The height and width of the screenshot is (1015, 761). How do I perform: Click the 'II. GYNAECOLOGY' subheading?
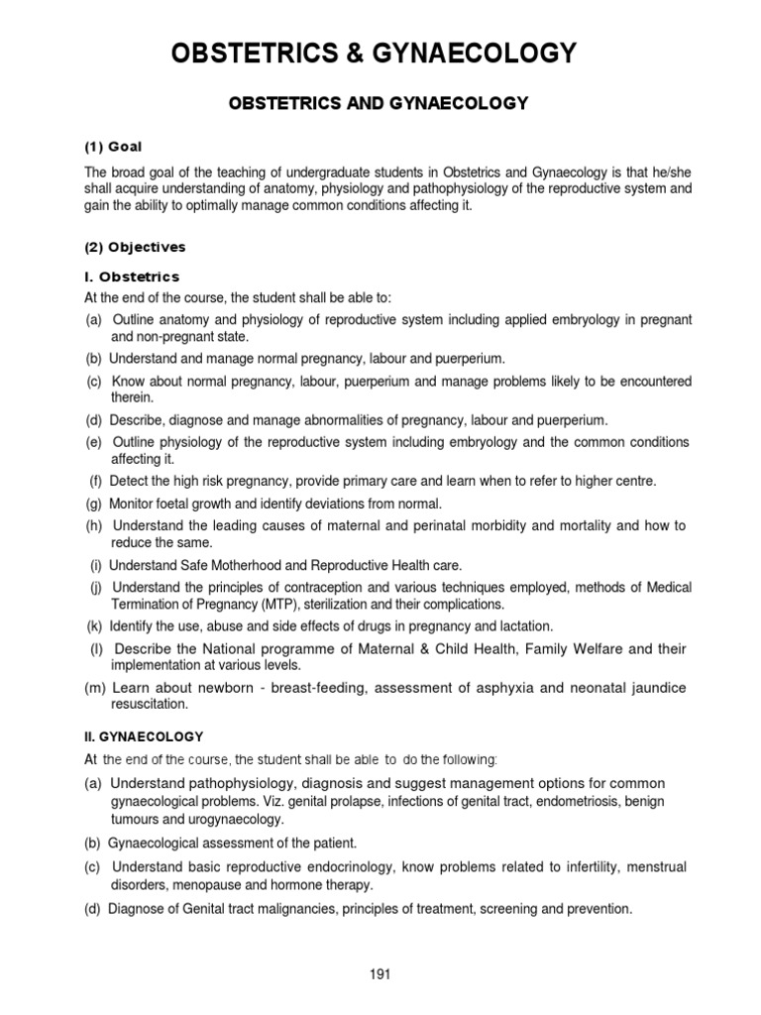143,736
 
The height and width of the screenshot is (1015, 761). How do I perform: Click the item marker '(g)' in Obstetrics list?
94,504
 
